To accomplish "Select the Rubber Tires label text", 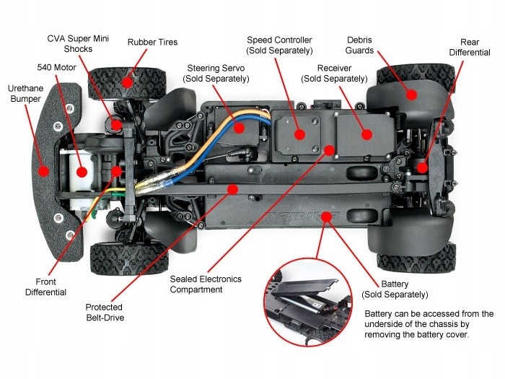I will (152, 42).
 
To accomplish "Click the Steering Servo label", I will (214, 73).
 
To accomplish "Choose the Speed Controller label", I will (279, 45).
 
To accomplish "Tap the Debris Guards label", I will (359, 45).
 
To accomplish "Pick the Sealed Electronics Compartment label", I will (206, 284).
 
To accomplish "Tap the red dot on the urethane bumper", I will (44, 171).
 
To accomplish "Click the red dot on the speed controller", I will (299, 134).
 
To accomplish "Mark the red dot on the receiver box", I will (366, 134).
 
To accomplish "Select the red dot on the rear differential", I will (421, 167).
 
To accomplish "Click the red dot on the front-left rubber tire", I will (127, 82).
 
